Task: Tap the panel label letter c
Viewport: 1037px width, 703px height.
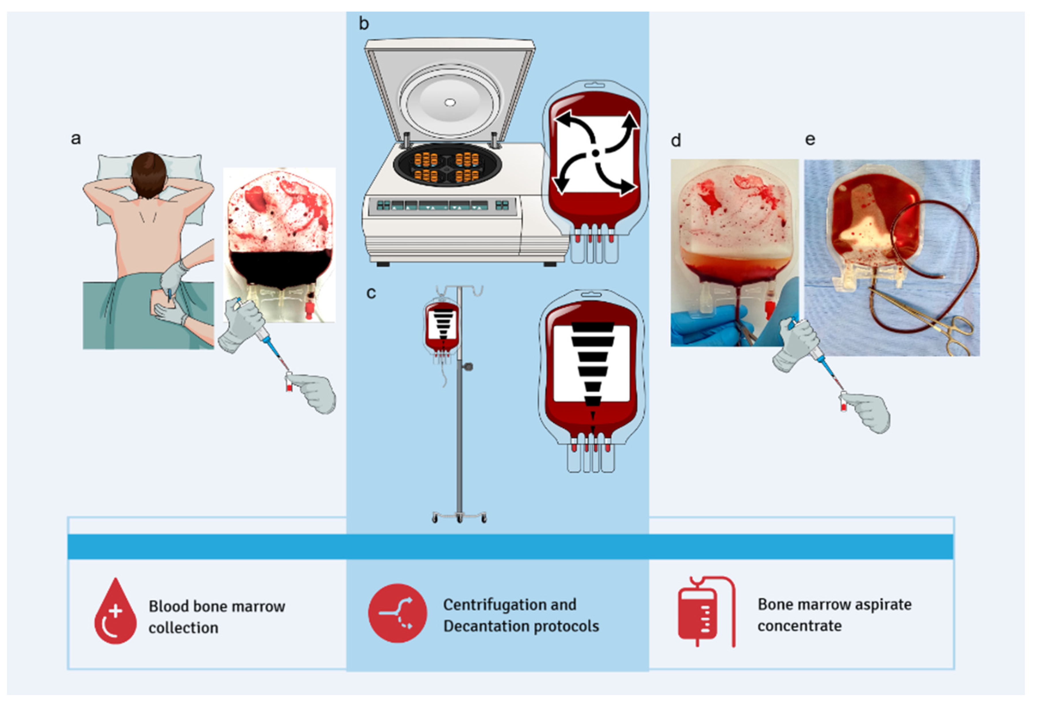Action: [x=371, y=293]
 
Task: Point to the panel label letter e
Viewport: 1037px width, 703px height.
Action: [x=810, y=139]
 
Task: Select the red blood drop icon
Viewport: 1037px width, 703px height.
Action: [x=115, y=612]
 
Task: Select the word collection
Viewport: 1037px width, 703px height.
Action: [x=184, y=628]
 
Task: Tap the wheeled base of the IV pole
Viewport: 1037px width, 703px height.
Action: [x=459, y=517]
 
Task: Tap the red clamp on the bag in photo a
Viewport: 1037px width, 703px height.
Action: [x=308, y=308]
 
